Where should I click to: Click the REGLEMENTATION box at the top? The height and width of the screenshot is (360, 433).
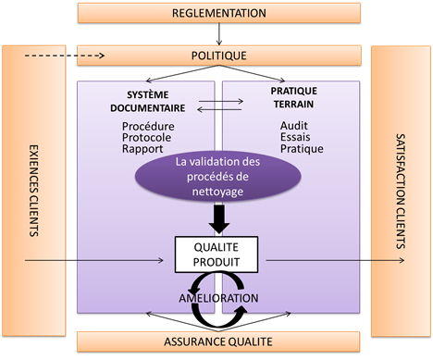click(219, 14)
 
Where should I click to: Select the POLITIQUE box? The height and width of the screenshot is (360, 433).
click(219, 56)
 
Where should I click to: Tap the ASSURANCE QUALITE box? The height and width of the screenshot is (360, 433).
click(219, 341)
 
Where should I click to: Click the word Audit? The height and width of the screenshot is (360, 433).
click(293, 125)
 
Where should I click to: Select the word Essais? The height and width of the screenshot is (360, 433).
click(295, 137)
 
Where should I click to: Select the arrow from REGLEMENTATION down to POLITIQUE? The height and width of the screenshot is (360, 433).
click(219, 35)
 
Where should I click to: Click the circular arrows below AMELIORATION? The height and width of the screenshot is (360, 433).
click(219, 316)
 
